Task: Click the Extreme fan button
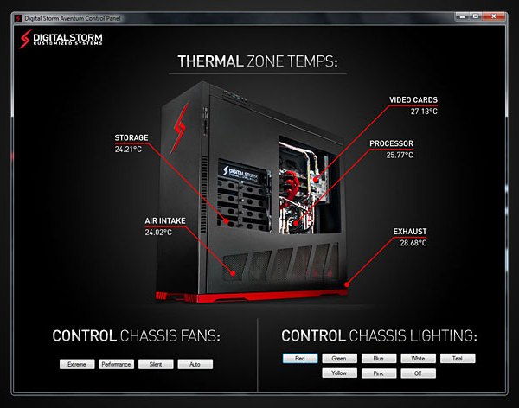[x=77, y=365]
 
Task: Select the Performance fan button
[x=116, y=365]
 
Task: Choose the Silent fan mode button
[x=156, y=365]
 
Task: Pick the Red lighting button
[x=300, y=358]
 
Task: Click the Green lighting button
[x=340, y=358]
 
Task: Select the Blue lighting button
[x=379, y=358]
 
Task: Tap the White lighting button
[x=419, y=358]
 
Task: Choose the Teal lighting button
[x=458, y=358]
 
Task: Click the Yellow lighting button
[x=340, y=373]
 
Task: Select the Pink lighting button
[x=379, y=373]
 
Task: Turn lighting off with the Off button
[x=419, y=373]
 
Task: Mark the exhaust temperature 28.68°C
[x=412, y=243]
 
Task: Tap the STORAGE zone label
[x=131, y=137]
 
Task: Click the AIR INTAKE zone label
[x=164, y=220]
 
